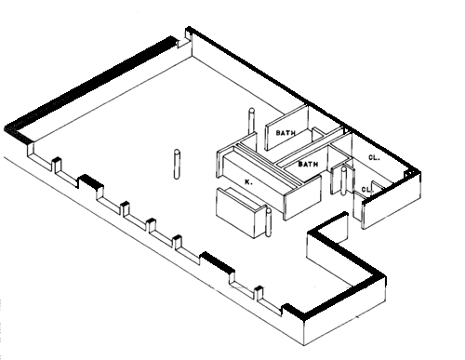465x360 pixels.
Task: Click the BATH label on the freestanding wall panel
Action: coord(286,133)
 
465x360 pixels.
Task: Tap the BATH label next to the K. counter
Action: coord(308,164)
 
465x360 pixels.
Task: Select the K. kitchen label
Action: coord(248,182)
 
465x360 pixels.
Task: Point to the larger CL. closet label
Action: coord(374,157)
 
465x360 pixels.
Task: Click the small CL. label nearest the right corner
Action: coord(366,189)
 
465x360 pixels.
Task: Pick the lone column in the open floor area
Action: coord(177,165)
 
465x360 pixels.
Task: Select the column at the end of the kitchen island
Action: coord(269,221)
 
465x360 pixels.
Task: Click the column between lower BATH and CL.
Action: coord(343,181)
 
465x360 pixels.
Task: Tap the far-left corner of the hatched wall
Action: coord(5,128)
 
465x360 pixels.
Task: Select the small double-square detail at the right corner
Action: coord(410,174)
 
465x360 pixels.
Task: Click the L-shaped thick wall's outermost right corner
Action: coord(385,275)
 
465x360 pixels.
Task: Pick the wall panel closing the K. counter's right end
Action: coord(302,197)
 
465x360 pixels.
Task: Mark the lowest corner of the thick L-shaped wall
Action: coord(303,319)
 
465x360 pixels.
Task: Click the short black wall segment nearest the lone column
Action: coord(91,181)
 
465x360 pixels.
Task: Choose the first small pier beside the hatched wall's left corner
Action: coord(57,166)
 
